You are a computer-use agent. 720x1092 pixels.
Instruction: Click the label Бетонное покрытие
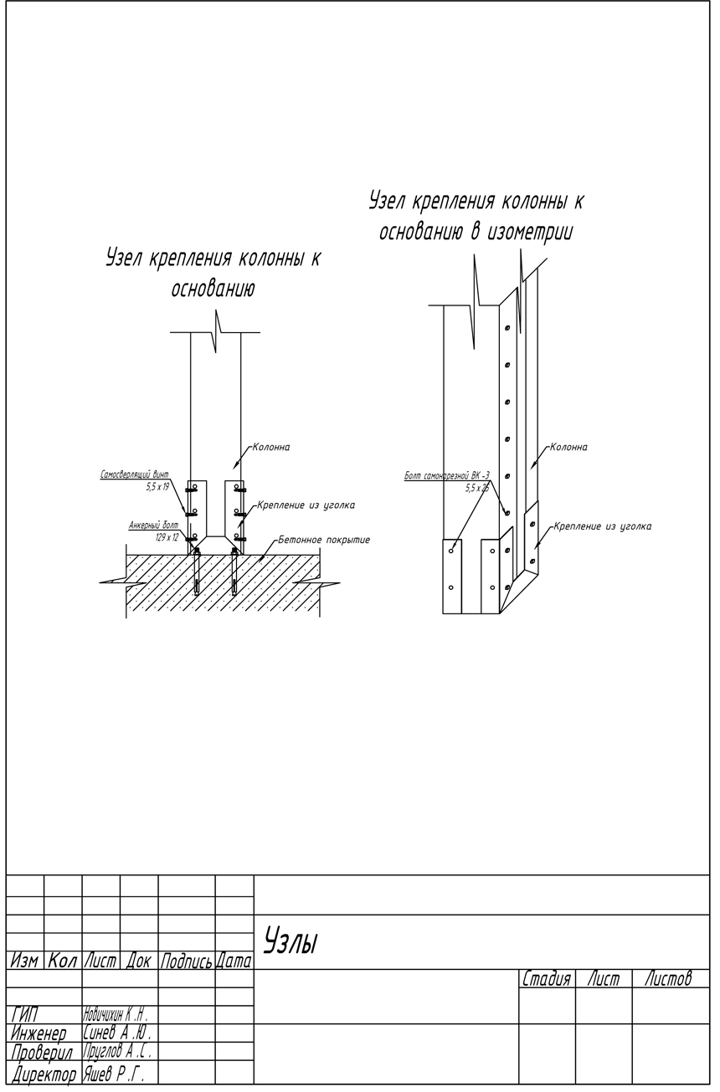pos(324,540)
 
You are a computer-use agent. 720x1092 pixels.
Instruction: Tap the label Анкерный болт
pos(153,525)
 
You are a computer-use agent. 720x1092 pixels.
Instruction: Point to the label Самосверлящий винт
pos(134,474)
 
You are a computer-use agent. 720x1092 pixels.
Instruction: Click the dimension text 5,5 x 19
pos(157,485)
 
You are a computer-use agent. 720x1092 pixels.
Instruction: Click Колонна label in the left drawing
pos(271,448)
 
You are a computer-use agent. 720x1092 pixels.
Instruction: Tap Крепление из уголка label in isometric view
pos(602,526)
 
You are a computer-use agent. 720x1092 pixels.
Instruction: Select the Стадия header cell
pos(547,978)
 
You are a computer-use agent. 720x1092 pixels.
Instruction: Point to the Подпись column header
pos(186,961)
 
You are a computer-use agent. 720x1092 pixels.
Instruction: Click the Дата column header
pos(234,961)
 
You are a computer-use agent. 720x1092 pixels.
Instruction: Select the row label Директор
pos(44,1072)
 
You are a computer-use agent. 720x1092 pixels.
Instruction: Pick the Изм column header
pos(25,961)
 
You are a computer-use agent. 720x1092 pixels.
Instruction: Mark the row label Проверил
pos(44,1052)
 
